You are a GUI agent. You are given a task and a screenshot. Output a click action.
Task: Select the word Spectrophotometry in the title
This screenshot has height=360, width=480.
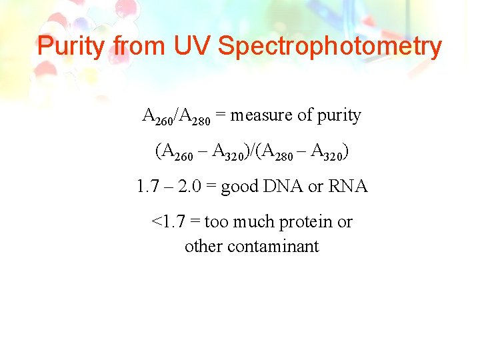330,47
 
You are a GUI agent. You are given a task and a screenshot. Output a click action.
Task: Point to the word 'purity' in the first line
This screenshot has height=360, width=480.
339,116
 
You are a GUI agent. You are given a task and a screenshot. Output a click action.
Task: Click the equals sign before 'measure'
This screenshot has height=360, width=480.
221,116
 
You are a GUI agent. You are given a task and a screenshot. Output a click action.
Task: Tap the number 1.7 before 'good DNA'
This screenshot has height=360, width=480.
147,187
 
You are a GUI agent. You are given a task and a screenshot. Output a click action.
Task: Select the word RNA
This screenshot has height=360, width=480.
349,187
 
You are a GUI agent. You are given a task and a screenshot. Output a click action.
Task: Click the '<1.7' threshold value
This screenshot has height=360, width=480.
167,222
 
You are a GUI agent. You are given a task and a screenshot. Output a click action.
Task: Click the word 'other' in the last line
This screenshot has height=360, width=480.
203,247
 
